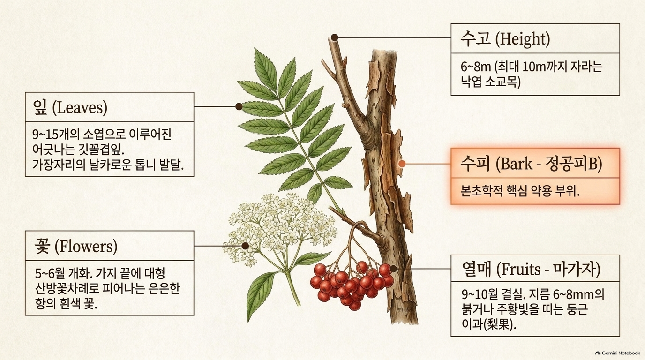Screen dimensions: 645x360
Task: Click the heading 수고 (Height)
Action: coord(505,39)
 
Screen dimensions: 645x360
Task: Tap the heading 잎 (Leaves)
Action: coord(70,108)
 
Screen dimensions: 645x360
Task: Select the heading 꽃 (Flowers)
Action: coord(76,247)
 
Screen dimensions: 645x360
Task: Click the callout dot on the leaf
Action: coord(239,106)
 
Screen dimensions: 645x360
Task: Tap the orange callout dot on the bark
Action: coord(402,164)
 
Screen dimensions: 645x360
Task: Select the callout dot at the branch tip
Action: coord(334,37)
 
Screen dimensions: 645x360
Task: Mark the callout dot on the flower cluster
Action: coord(245,246)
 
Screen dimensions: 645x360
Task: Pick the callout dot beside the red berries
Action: coord(393,269)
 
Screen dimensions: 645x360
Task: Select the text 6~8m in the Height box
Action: coord(475,67)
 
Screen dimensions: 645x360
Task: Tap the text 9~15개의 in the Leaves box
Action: coord(56,135)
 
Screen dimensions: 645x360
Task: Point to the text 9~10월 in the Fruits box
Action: coord(480,294)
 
